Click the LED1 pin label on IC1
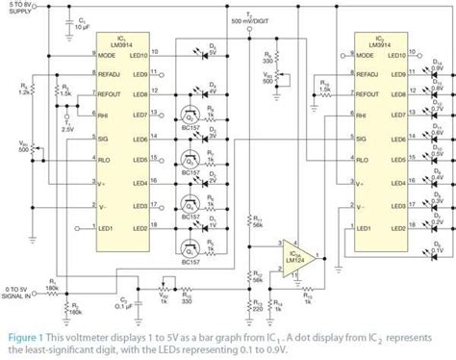click(118, 227)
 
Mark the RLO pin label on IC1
click(117, 160)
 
